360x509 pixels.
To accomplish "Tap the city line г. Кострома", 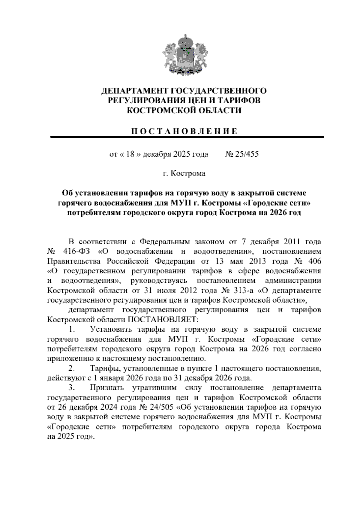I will click(184, 173).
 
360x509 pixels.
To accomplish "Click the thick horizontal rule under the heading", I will click(187, 137).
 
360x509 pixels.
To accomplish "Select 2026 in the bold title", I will click(275, 213).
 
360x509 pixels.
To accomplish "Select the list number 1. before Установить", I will click(72, 329).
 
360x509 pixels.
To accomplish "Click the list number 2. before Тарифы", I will click(72, 368).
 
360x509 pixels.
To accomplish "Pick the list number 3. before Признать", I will click(72, 388).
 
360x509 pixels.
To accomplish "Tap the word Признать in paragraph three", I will click(107, 388).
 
